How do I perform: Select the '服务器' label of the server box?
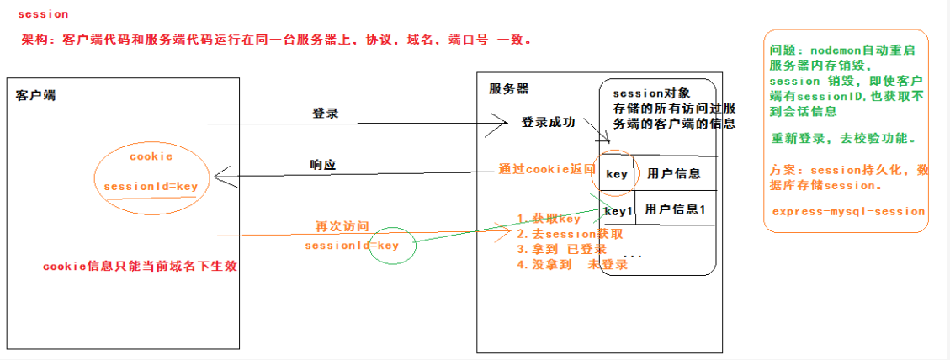coord(509,88)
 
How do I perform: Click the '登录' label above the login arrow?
coord(326,113)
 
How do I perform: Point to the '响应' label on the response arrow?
coord(323,166)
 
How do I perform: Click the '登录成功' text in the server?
coord(549,123)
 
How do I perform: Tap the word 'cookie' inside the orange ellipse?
coord(151,156)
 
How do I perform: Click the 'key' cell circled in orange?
coord(617,175)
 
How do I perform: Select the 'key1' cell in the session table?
coord(618,211)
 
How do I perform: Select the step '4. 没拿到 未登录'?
coord(572,265)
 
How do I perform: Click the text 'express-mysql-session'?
coord(847,212)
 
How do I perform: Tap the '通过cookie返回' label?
coord(546,169)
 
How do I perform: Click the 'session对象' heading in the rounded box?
coord(652,93)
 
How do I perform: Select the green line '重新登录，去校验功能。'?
coord(844,138)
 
